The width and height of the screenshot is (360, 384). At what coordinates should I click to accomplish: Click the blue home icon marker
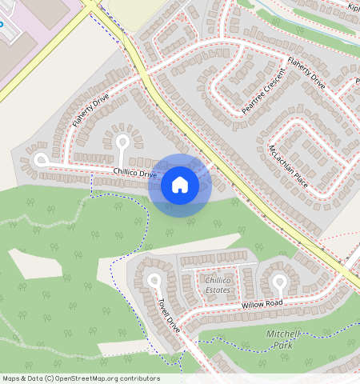pyautogui.click(x=180, y=186)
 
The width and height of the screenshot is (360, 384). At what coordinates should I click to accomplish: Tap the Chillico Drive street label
pyautogui.click(x=134, y=173)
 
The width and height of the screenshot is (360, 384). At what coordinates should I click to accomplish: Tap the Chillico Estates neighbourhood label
pyautogui.click(x=217, y=285)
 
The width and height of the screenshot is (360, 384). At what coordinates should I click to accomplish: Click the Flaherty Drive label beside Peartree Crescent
pyautogui.click(x=306, y=73)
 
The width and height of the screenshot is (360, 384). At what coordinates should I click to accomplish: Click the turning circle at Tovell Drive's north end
pyautogui.click(x=154, y=280)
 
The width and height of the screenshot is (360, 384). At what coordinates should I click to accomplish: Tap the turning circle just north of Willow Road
pyautogui.click(x=279, y=281)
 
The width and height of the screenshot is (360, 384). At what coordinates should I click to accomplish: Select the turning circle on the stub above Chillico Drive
pyautogui.click(x=122, y=142)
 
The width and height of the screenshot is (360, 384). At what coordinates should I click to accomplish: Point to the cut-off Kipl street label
pyautogui.click(x=353, y=7)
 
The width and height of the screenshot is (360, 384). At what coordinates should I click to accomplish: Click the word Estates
pyautogui.click(x=217, y=290)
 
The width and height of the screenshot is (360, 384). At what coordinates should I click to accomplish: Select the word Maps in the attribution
pyautogui.click(x=11, y=378)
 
